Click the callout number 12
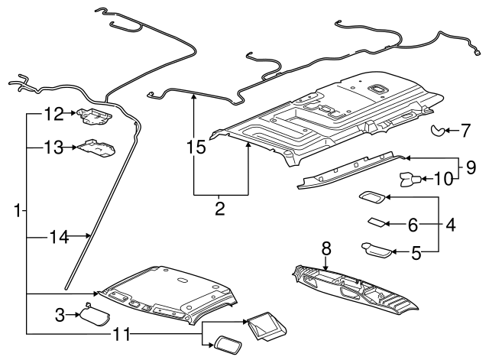coord(52,115)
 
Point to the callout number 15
coord(197,146)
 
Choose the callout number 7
coord(465,131)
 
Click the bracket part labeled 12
coord(94,115)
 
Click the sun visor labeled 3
coord(96,313)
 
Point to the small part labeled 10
coord(408,180)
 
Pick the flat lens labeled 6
coord(377,223)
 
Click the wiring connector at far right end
coord(477,54)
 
